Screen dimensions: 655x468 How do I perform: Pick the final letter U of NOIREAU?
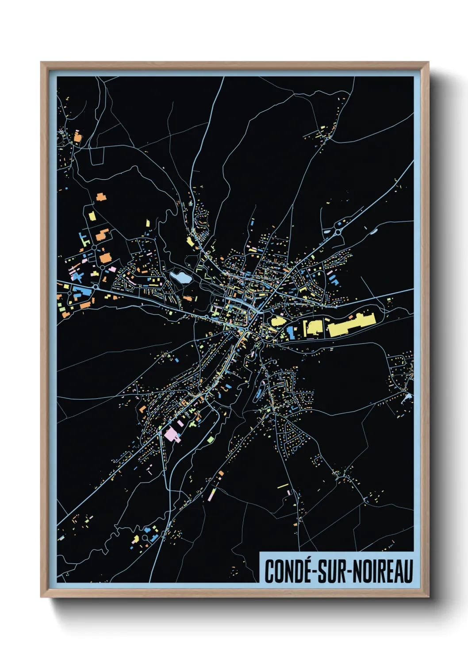click(408, 571)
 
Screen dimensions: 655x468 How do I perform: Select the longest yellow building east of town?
click(351, 325)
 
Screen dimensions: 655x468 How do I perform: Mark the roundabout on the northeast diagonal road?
click(338, 231)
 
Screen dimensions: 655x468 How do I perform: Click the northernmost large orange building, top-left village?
click(77, 137)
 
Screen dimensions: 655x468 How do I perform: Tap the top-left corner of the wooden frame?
click(42, 63)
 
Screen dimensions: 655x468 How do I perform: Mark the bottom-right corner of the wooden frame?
click(428, 597)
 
